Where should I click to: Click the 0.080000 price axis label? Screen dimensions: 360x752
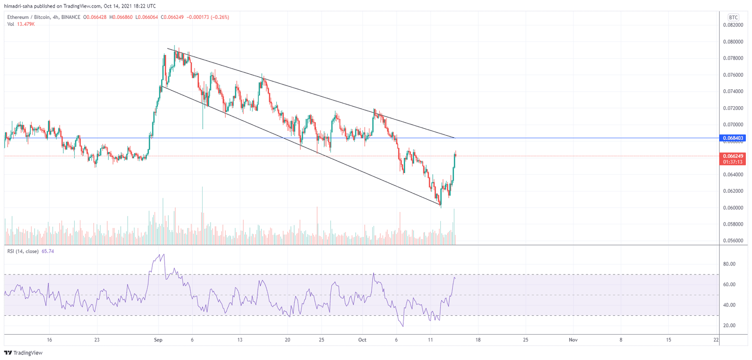(x=733, y=42)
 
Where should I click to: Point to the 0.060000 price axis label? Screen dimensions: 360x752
(x=733, y=208)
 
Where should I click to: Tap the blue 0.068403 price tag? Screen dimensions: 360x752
(x=733, y=138)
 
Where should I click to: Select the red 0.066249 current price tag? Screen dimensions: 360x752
(x=733, y=156)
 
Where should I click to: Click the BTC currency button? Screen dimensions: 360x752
(x=733, y=17)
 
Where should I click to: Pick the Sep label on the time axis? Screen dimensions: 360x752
(x=158, y=340)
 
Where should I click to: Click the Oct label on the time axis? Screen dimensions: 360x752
(x=362, y=340)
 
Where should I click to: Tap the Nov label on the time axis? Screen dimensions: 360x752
(x=573, y=340)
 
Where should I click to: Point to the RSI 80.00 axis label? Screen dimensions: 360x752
(x=729, y=264)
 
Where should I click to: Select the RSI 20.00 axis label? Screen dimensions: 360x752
(x=729, y=326)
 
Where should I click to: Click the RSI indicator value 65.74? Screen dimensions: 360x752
(x=47, y=251)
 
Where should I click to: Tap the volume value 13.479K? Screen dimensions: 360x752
(x=26, y=24)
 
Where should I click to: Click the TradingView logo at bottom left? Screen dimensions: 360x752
(x=23, y=353)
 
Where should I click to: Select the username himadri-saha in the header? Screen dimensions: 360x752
(x=18, y=6)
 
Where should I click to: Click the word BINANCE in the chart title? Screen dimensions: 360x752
(x=70, y=17)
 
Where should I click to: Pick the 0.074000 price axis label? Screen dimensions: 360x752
(x=733, y=92)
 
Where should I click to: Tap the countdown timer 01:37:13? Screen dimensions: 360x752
(x=733, y=162)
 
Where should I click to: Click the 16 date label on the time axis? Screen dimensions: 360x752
(x=49, y=340)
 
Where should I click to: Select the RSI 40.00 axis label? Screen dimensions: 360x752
(x=729, y=305)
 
